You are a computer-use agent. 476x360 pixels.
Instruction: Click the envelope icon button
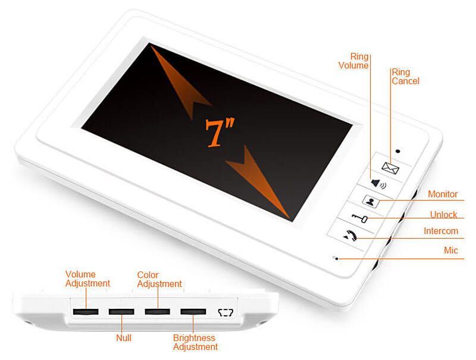[390, 168]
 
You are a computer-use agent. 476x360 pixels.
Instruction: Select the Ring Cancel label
[405, 77]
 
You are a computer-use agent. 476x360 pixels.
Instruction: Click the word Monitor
[443, 195]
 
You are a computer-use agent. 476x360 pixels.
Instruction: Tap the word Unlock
[444, 215]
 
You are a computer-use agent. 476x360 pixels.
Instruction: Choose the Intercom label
[441, 231]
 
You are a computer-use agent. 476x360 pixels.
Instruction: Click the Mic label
[451, 251]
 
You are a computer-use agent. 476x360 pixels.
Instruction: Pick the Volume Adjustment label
[87, 279]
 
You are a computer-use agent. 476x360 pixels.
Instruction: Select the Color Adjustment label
[159, 280]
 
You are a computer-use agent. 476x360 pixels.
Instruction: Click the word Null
[124, 338]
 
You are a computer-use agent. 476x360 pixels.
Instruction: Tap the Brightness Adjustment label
[195, 342]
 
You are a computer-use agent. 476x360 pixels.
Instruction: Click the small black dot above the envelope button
[397, 151]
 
